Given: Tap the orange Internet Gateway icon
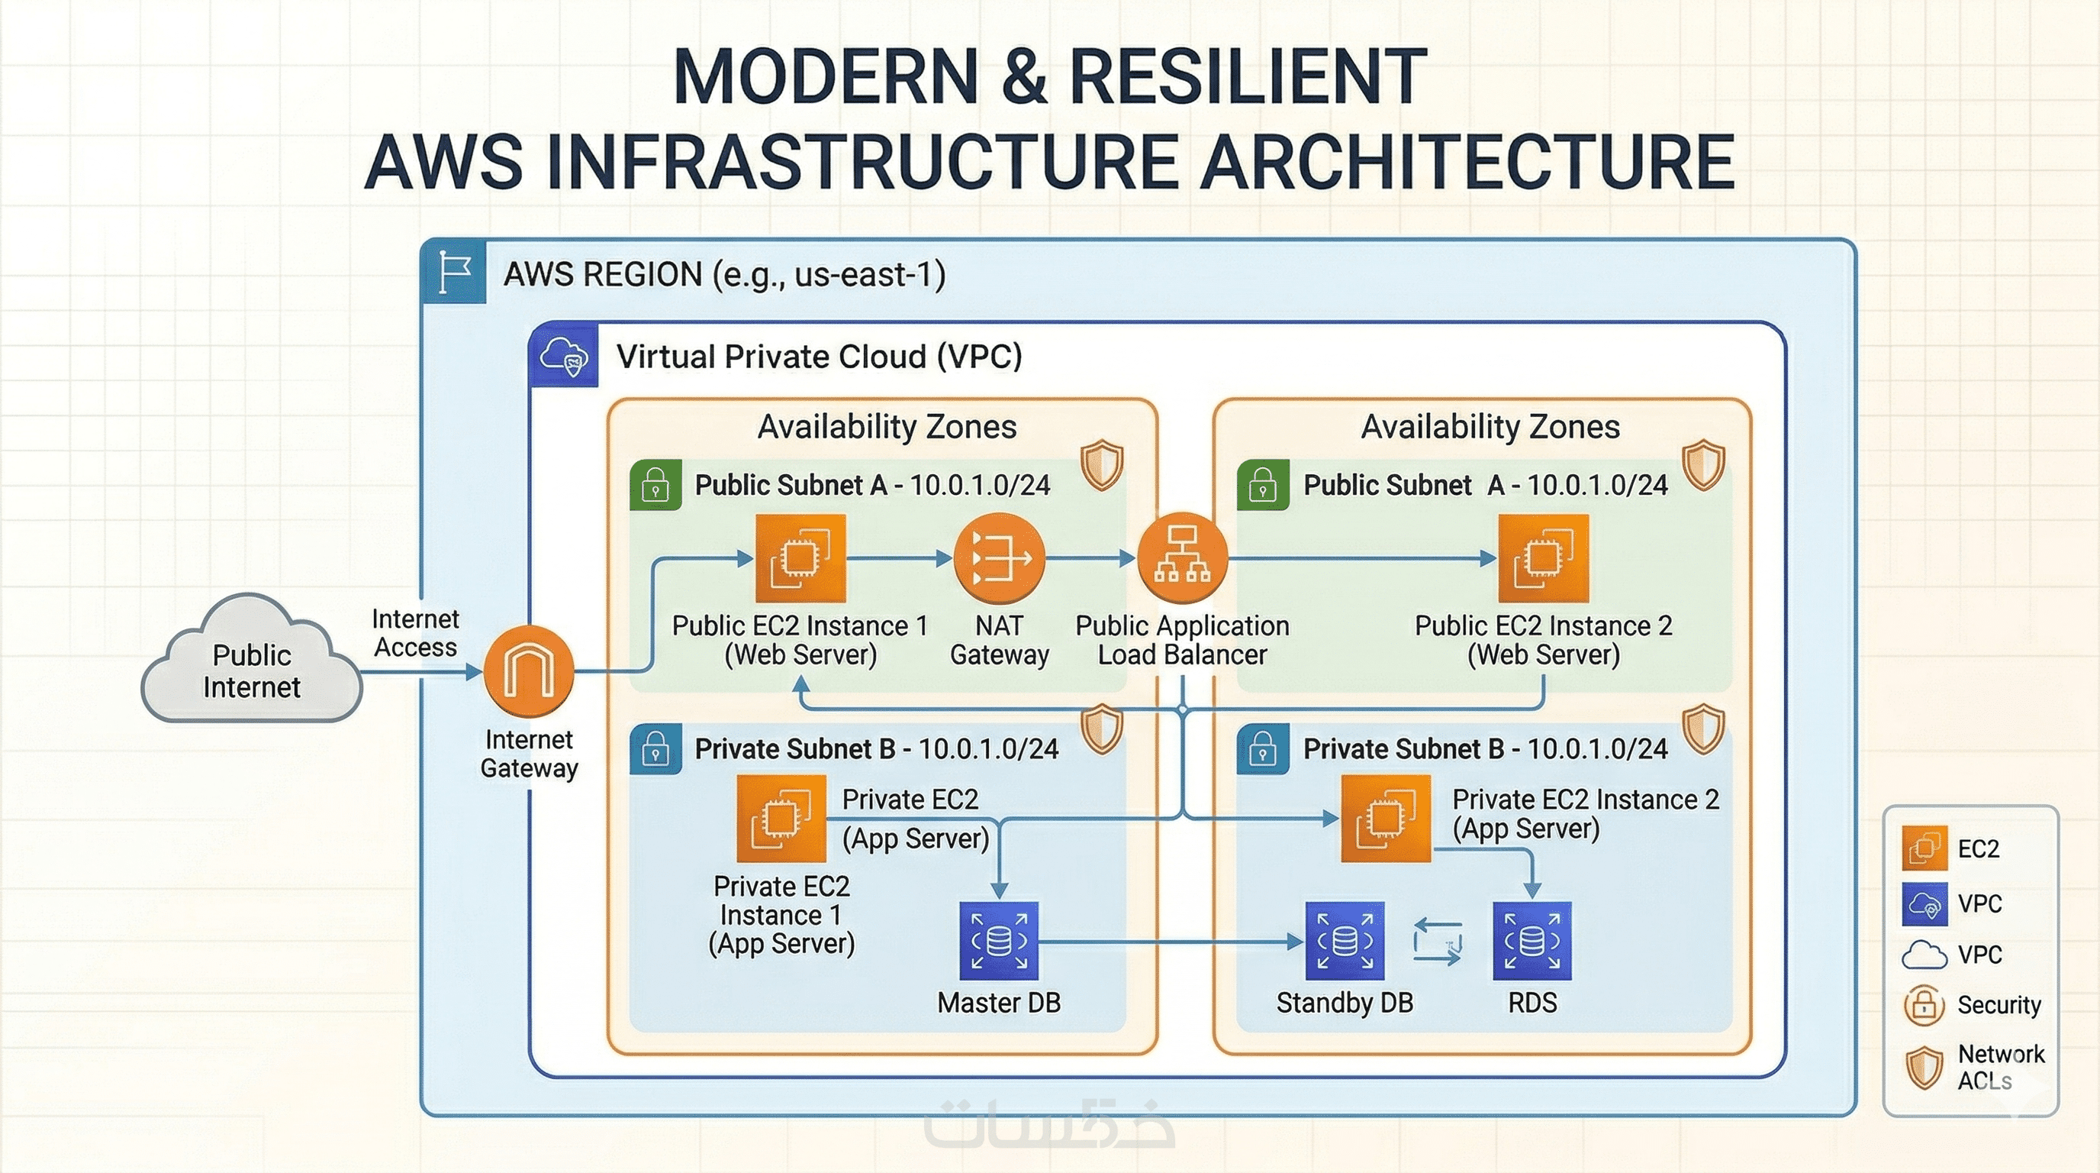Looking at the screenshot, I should (529, 671).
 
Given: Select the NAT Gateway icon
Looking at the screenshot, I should (999, 559).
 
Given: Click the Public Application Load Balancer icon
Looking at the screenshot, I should (1182, 559).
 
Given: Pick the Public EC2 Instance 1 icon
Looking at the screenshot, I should (800, 559).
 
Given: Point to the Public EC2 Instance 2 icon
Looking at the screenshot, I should (1543, 559).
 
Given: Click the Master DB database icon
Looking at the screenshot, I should (999, 941).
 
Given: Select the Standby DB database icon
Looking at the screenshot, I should (1345, 941).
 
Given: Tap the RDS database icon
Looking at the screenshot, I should (1532, 941).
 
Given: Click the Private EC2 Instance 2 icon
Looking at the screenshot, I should (1386, 818).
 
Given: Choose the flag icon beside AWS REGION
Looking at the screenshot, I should (454, 272).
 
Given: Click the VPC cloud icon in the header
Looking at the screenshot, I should (564, 356).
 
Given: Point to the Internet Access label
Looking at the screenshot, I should (415, 633).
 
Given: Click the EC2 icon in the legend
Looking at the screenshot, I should (1924, 848).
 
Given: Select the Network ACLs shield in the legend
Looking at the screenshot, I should (1924, 1067).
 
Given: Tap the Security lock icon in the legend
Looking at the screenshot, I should (1924, 1005).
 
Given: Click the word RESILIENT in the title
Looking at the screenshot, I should (1248, 77).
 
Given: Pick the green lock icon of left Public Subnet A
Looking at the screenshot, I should (655, 486).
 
